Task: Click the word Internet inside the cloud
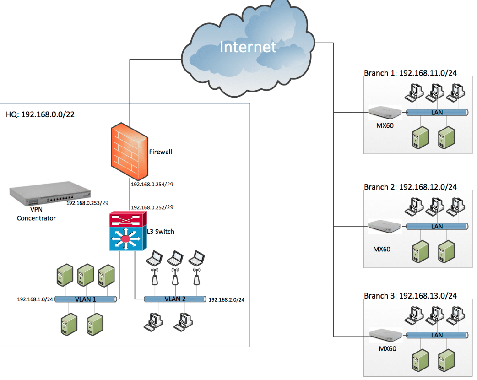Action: click(248, 47)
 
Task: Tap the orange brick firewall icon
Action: click(129, 152)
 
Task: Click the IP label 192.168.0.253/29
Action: click(87, 202)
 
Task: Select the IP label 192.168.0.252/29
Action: click(152, 207)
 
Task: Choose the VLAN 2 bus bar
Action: click(174, 299)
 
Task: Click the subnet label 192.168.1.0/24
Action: click(35, 299)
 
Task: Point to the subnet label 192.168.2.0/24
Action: click(226, 300)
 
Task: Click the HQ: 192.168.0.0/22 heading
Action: click(40, 114)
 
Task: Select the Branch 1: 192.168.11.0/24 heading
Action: click(410, 73)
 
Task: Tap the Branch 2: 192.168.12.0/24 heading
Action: click(410, 187)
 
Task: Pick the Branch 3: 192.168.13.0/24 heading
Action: click(410, 296)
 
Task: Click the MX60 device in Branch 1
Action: click(385, 111)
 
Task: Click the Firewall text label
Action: click(160, 152)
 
